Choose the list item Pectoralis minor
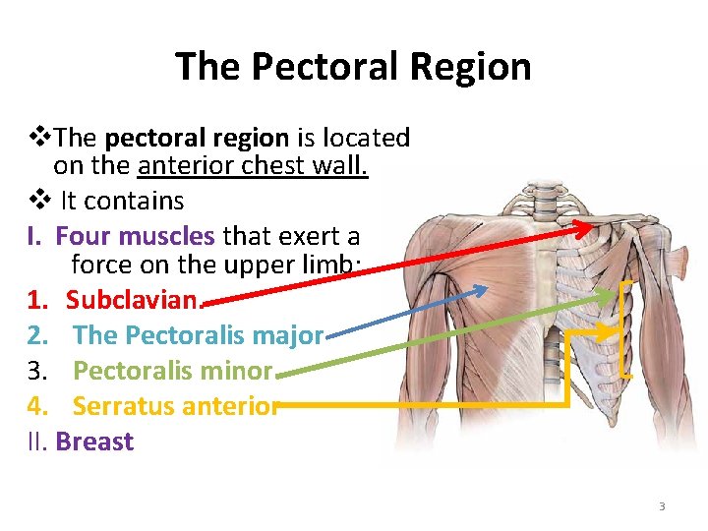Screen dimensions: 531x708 click(x=173, y=371)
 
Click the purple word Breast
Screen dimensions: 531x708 click(x=94, y=442)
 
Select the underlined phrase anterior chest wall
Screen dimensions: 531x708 click(x=254, y=165)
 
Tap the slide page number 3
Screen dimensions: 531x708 click(x=662, y=506)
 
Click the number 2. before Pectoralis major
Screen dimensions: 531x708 click(x=36, y=335)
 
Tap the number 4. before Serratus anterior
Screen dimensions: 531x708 click(x=36, y=406)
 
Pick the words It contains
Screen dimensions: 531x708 click(x=122, y=201)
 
